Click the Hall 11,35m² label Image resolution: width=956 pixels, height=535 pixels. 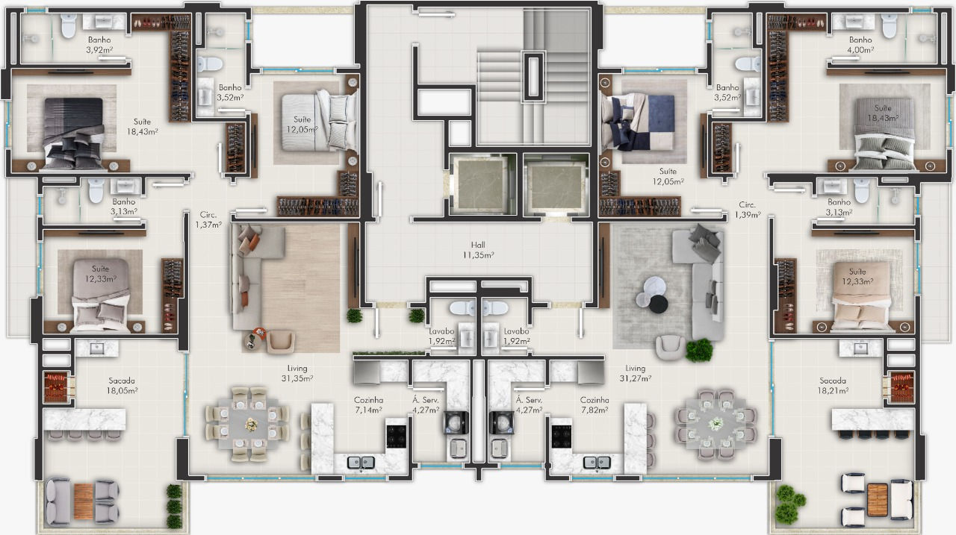[x=478, y=250]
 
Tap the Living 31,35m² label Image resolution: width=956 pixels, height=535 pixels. [x=297, y=373]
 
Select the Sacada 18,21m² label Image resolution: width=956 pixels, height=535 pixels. [x=833, y=385]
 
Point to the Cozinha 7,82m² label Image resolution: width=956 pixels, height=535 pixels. [x=594, y=405]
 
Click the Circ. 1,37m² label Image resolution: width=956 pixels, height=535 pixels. [x=208, y=219]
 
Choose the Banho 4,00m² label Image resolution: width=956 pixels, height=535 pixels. [x=860, y=44]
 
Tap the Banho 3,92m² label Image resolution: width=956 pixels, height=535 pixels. [x=99, y=44]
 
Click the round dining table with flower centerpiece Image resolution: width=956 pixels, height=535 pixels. [x=716, y=424]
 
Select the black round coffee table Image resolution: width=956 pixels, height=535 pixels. [x=659, y=304]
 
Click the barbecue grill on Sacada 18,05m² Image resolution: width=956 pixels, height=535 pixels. [x=56, y=387]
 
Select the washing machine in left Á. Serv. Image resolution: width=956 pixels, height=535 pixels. [x=456, y=423]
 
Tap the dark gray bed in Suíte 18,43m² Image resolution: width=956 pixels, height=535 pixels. [x=74, y=133]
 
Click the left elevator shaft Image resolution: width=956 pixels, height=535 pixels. [x=482, y=184]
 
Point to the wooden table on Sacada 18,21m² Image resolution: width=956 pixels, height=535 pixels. [x=877, y=501]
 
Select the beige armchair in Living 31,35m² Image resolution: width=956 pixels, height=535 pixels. [x=281, y=341]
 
